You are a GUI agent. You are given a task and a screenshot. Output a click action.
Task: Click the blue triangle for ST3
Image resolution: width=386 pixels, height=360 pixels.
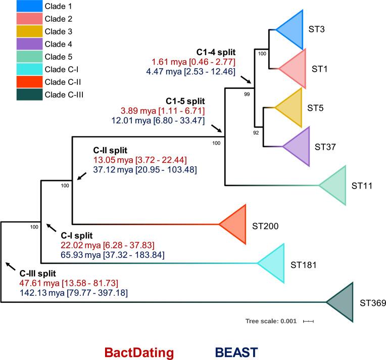293,30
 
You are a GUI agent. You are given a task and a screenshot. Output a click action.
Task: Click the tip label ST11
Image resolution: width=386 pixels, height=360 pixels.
362,186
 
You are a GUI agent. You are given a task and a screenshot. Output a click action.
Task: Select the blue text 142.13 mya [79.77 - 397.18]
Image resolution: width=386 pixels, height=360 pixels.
73,293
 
